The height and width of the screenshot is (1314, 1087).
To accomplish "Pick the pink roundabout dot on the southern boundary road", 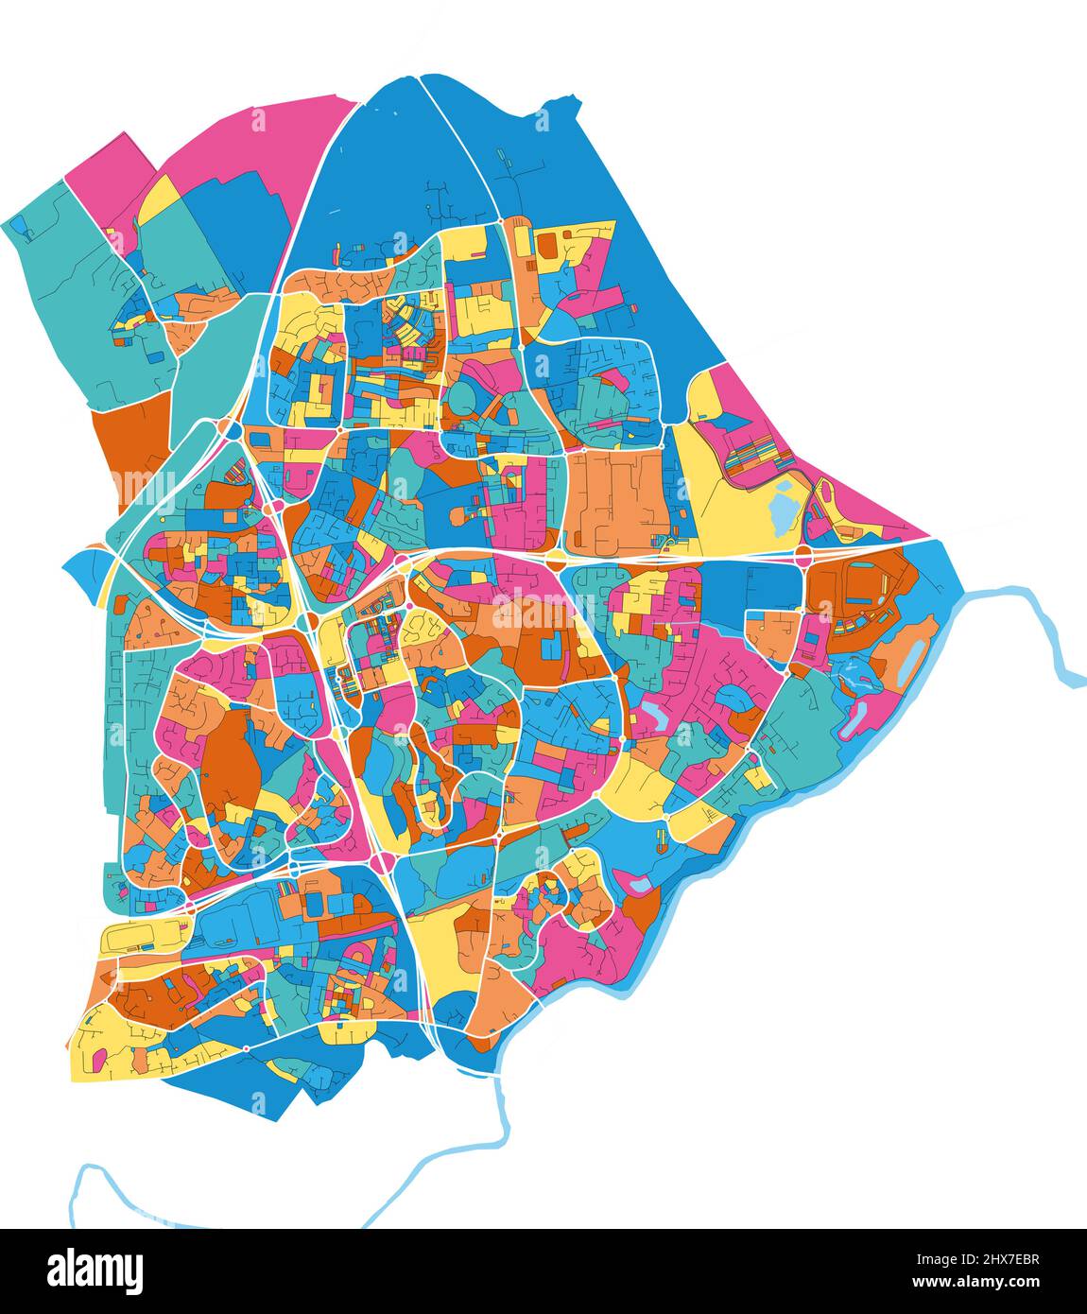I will [246, 1048].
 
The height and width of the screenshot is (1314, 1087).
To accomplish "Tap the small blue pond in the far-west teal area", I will [18, 224].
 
